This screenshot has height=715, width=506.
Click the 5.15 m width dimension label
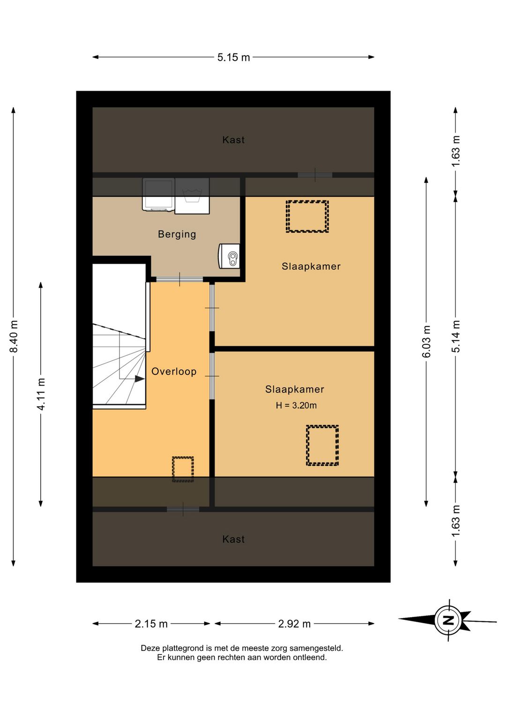tap(233, 58)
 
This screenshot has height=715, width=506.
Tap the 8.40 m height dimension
tap(14, 336)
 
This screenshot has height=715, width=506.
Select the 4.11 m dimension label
tap(41, 394)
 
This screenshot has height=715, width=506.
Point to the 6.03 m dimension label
tap(426, 341)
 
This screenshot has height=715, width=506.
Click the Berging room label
tap(177, 234)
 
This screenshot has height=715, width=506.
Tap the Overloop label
tap(174, 371)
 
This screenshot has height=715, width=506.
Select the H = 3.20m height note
tap(296, 405)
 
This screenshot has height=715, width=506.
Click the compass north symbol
tap(448, 620)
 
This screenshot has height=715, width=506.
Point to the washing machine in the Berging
tap(192, 196)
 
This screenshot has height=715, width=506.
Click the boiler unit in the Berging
tap(229, 256)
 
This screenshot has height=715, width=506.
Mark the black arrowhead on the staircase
tap(140, 379)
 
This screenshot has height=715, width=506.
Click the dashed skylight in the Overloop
tap(183, 469)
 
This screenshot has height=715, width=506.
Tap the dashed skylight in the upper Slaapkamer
tap(307, 216)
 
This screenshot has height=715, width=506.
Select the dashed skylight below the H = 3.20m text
tap(322, 445)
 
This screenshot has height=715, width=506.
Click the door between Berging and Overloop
tap(179, 279)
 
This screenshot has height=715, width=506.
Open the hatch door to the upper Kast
tap(315, 175)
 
